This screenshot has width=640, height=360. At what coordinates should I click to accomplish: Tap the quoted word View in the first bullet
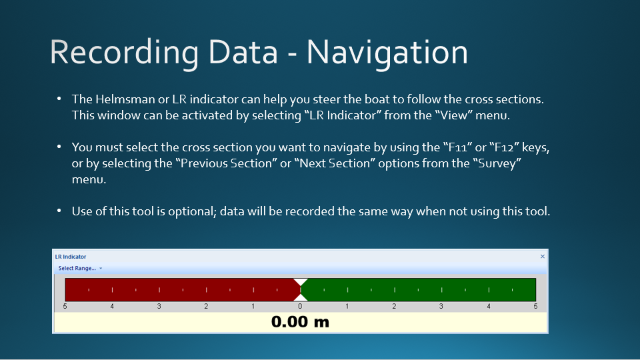coord(453,115)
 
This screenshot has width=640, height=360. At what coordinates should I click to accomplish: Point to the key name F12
coord(504,147)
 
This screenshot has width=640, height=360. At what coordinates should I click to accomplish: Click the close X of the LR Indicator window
coord(543,256)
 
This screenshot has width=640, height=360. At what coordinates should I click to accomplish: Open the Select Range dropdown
coord(80,268)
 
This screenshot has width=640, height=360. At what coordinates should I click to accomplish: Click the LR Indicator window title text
coord(71,257)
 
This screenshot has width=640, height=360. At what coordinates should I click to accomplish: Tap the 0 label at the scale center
coord(300,306)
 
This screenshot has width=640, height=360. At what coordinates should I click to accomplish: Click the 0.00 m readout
coord(300,322)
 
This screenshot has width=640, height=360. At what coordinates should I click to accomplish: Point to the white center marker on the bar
coord(301,290)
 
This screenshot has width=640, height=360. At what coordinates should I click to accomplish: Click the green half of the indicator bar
coord(419,290)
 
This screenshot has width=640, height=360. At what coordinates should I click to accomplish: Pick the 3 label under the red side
coord(159,306)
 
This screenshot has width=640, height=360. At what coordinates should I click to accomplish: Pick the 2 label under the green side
coord(394,306)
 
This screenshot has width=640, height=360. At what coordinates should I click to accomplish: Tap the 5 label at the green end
coord(535,306)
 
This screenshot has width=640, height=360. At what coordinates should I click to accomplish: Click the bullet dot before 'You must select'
coord(59,147)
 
